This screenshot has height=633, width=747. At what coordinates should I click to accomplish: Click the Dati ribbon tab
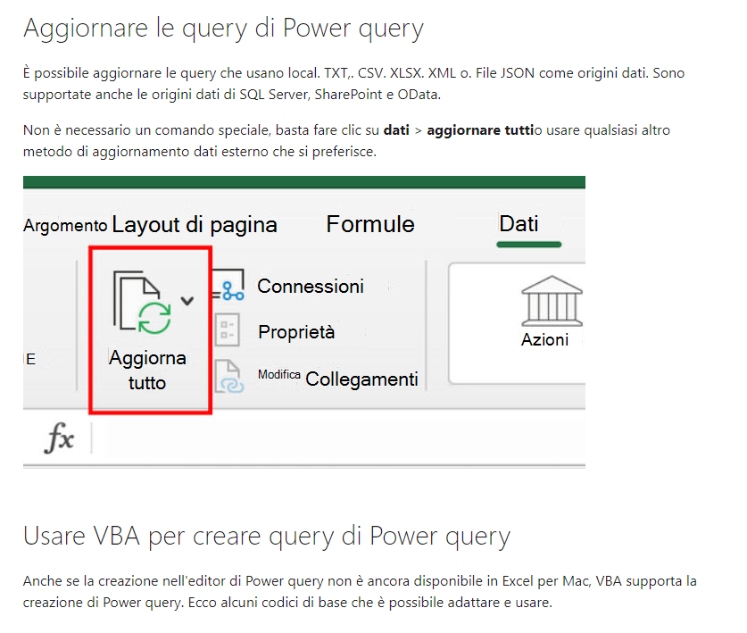coord(519,223)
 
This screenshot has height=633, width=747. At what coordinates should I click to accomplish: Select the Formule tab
coord(370,224)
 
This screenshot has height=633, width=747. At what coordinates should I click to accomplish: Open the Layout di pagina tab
coord(195,225)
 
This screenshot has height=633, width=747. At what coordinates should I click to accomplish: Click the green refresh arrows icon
coord(154,318)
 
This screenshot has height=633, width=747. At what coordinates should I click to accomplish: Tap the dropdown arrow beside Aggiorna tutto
coord(187,301)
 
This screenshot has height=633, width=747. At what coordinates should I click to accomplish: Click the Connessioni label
coord(311,287)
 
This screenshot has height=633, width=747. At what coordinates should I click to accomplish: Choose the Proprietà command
coord(296,332)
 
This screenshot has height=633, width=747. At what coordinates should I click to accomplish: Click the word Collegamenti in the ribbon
coord(361,379)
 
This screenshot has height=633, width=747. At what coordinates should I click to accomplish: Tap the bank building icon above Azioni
coord(552,301)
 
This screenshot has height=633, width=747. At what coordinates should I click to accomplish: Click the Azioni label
coord(544,340)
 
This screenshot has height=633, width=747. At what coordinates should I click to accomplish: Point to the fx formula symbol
coord(60,437)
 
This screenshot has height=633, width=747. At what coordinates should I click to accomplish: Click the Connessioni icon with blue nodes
coord(228,285)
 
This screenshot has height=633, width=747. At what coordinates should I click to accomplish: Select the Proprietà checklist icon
coord(228,329)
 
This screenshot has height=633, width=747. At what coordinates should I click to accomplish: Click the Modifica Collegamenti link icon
coord(229,377)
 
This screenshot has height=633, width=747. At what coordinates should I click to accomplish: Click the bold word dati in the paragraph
coord(396,130)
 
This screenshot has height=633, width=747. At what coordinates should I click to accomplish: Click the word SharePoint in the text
coord(348,95)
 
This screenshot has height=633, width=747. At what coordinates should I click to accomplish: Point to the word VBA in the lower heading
coord(117,536)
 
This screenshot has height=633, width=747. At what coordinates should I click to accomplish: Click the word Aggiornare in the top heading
coord(86,29)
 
